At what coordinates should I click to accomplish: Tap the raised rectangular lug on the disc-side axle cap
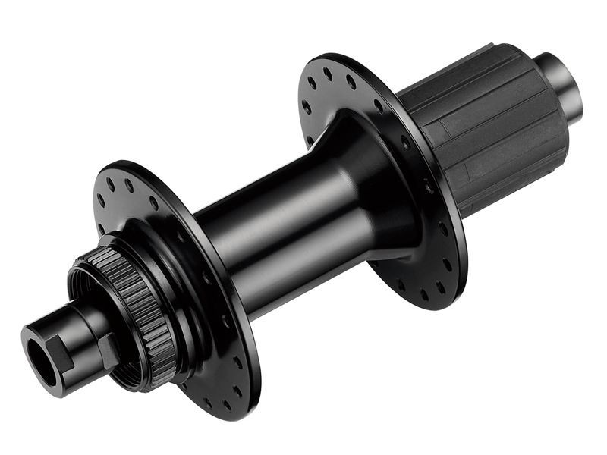click(x=108, y=350)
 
